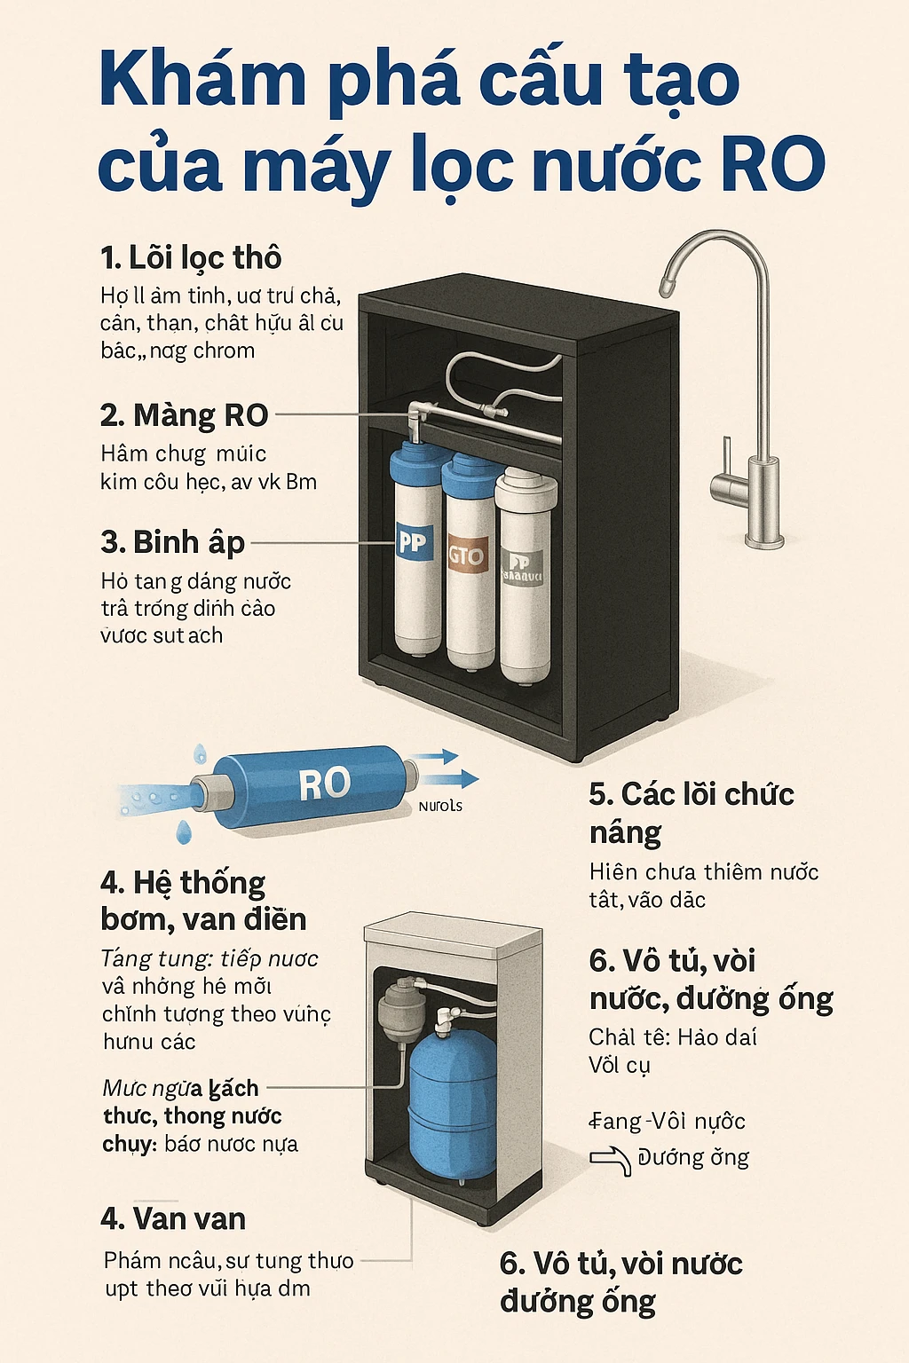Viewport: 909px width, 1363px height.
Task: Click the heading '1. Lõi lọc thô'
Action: tap(191, 258)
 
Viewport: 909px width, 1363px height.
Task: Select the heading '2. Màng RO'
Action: tap(184, 415)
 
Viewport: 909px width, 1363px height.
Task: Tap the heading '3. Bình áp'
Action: tap(172, 541)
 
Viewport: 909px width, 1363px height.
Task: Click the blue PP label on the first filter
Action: tap(412, 540)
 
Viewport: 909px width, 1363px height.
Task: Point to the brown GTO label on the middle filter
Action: tap(466, 555)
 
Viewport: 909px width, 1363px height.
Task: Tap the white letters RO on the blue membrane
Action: tap(324, 784)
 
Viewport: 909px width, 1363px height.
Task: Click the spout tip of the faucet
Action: tap(666, 287)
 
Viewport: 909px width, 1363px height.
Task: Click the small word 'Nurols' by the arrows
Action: tap(440, 806)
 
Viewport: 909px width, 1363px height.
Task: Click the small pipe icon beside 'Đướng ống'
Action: tap(612, 1159)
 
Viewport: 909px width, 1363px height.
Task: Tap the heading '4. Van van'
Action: tap(173, 1218)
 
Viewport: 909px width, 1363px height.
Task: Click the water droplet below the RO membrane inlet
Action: tap(184, 831)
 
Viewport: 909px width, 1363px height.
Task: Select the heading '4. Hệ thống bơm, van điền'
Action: tap(202, 901)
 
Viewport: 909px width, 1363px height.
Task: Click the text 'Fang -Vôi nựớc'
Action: tap(668, 1121)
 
